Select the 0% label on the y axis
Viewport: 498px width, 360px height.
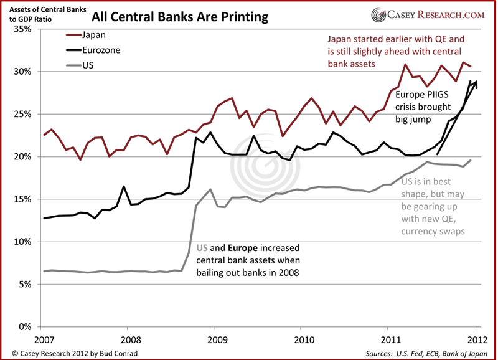tap(26, 326)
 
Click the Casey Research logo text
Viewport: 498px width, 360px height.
tap(435, 14)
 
